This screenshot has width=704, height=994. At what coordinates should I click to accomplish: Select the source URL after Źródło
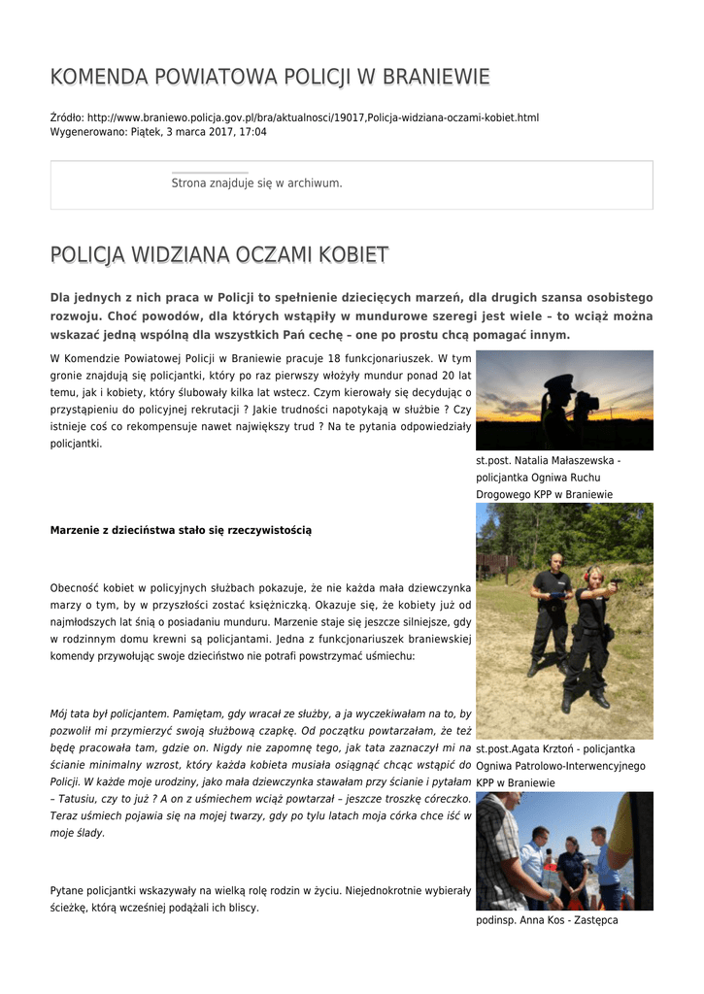click(x=313, y=117)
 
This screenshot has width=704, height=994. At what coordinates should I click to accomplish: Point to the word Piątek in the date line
click(x=148, y=131)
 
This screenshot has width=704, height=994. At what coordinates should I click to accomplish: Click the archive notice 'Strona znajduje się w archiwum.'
click(x=256, y=182)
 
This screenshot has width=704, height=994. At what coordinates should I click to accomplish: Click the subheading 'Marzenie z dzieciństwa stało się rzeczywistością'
click(x=181, y=530)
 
